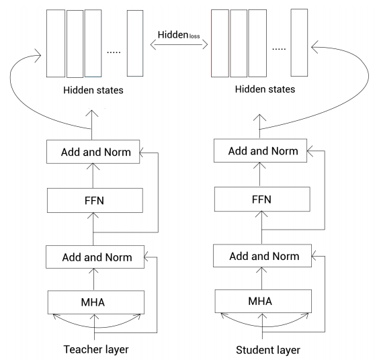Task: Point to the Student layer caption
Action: point(267,350)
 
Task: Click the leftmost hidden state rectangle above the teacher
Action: point(55,43)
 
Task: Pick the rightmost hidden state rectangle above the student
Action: point(300,43)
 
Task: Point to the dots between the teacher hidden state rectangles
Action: point(112,52)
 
